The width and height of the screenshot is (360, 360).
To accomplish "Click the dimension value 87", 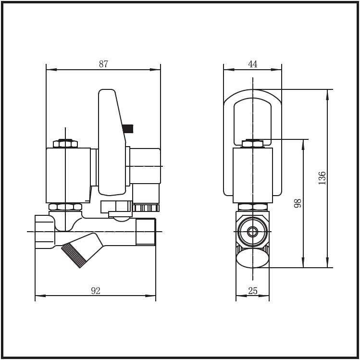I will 103,64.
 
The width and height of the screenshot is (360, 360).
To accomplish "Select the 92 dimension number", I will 96,290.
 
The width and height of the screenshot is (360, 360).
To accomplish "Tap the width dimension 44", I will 253,64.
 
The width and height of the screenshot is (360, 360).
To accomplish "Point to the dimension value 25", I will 253,290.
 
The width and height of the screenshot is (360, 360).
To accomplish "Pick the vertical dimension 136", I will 322,178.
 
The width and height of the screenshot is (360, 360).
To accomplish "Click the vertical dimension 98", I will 298,203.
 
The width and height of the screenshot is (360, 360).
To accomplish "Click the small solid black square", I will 128,129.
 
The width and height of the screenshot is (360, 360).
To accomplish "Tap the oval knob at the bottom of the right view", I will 253,258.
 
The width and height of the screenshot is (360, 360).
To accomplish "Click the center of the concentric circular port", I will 253,232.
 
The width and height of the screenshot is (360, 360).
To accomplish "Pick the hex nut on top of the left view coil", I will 65,144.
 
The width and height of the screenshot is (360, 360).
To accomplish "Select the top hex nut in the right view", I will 253,144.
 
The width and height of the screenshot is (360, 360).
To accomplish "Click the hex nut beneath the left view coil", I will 65,207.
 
